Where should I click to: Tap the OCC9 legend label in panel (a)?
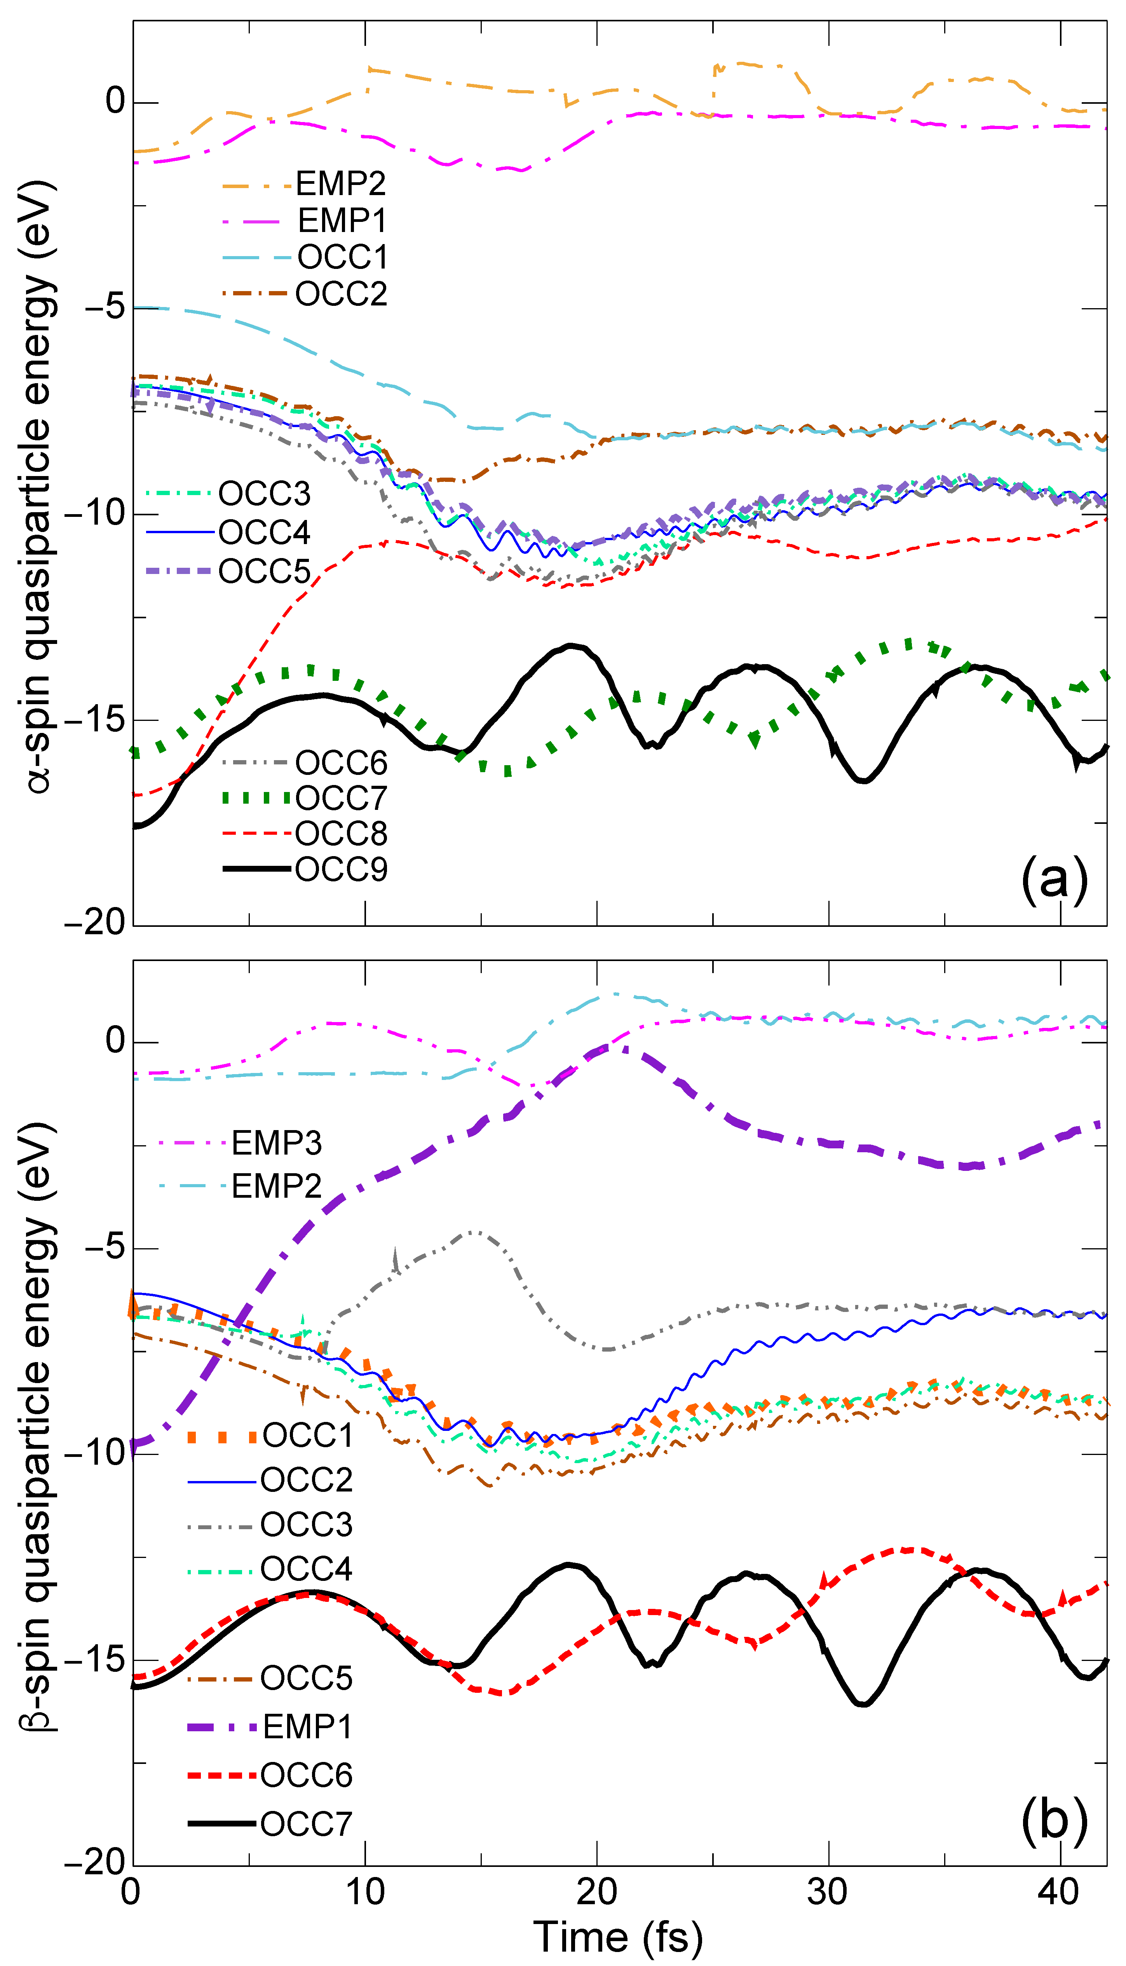(341, 869)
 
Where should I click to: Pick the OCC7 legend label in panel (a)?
(341, 798)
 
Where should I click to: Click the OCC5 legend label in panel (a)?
(265, 572)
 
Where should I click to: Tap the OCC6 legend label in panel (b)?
(306, 1775)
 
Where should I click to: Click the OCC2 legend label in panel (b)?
(306, 1480)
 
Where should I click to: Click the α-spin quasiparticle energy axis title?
(39, 487)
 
